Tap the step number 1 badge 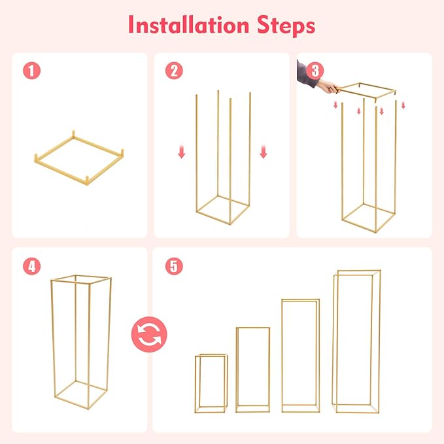(x=31, y=71)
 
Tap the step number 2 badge (x=173, y=71)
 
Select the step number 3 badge (x=315, y=71)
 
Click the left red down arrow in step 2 (x=182, y=152)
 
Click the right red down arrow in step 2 (x=264, y=152)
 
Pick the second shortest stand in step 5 (x=252, y=369)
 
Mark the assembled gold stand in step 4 (x=80, y=340)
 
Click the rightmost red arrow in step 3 (x=403, y=105)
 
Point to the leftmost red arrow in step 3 (x=335, y=105)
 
